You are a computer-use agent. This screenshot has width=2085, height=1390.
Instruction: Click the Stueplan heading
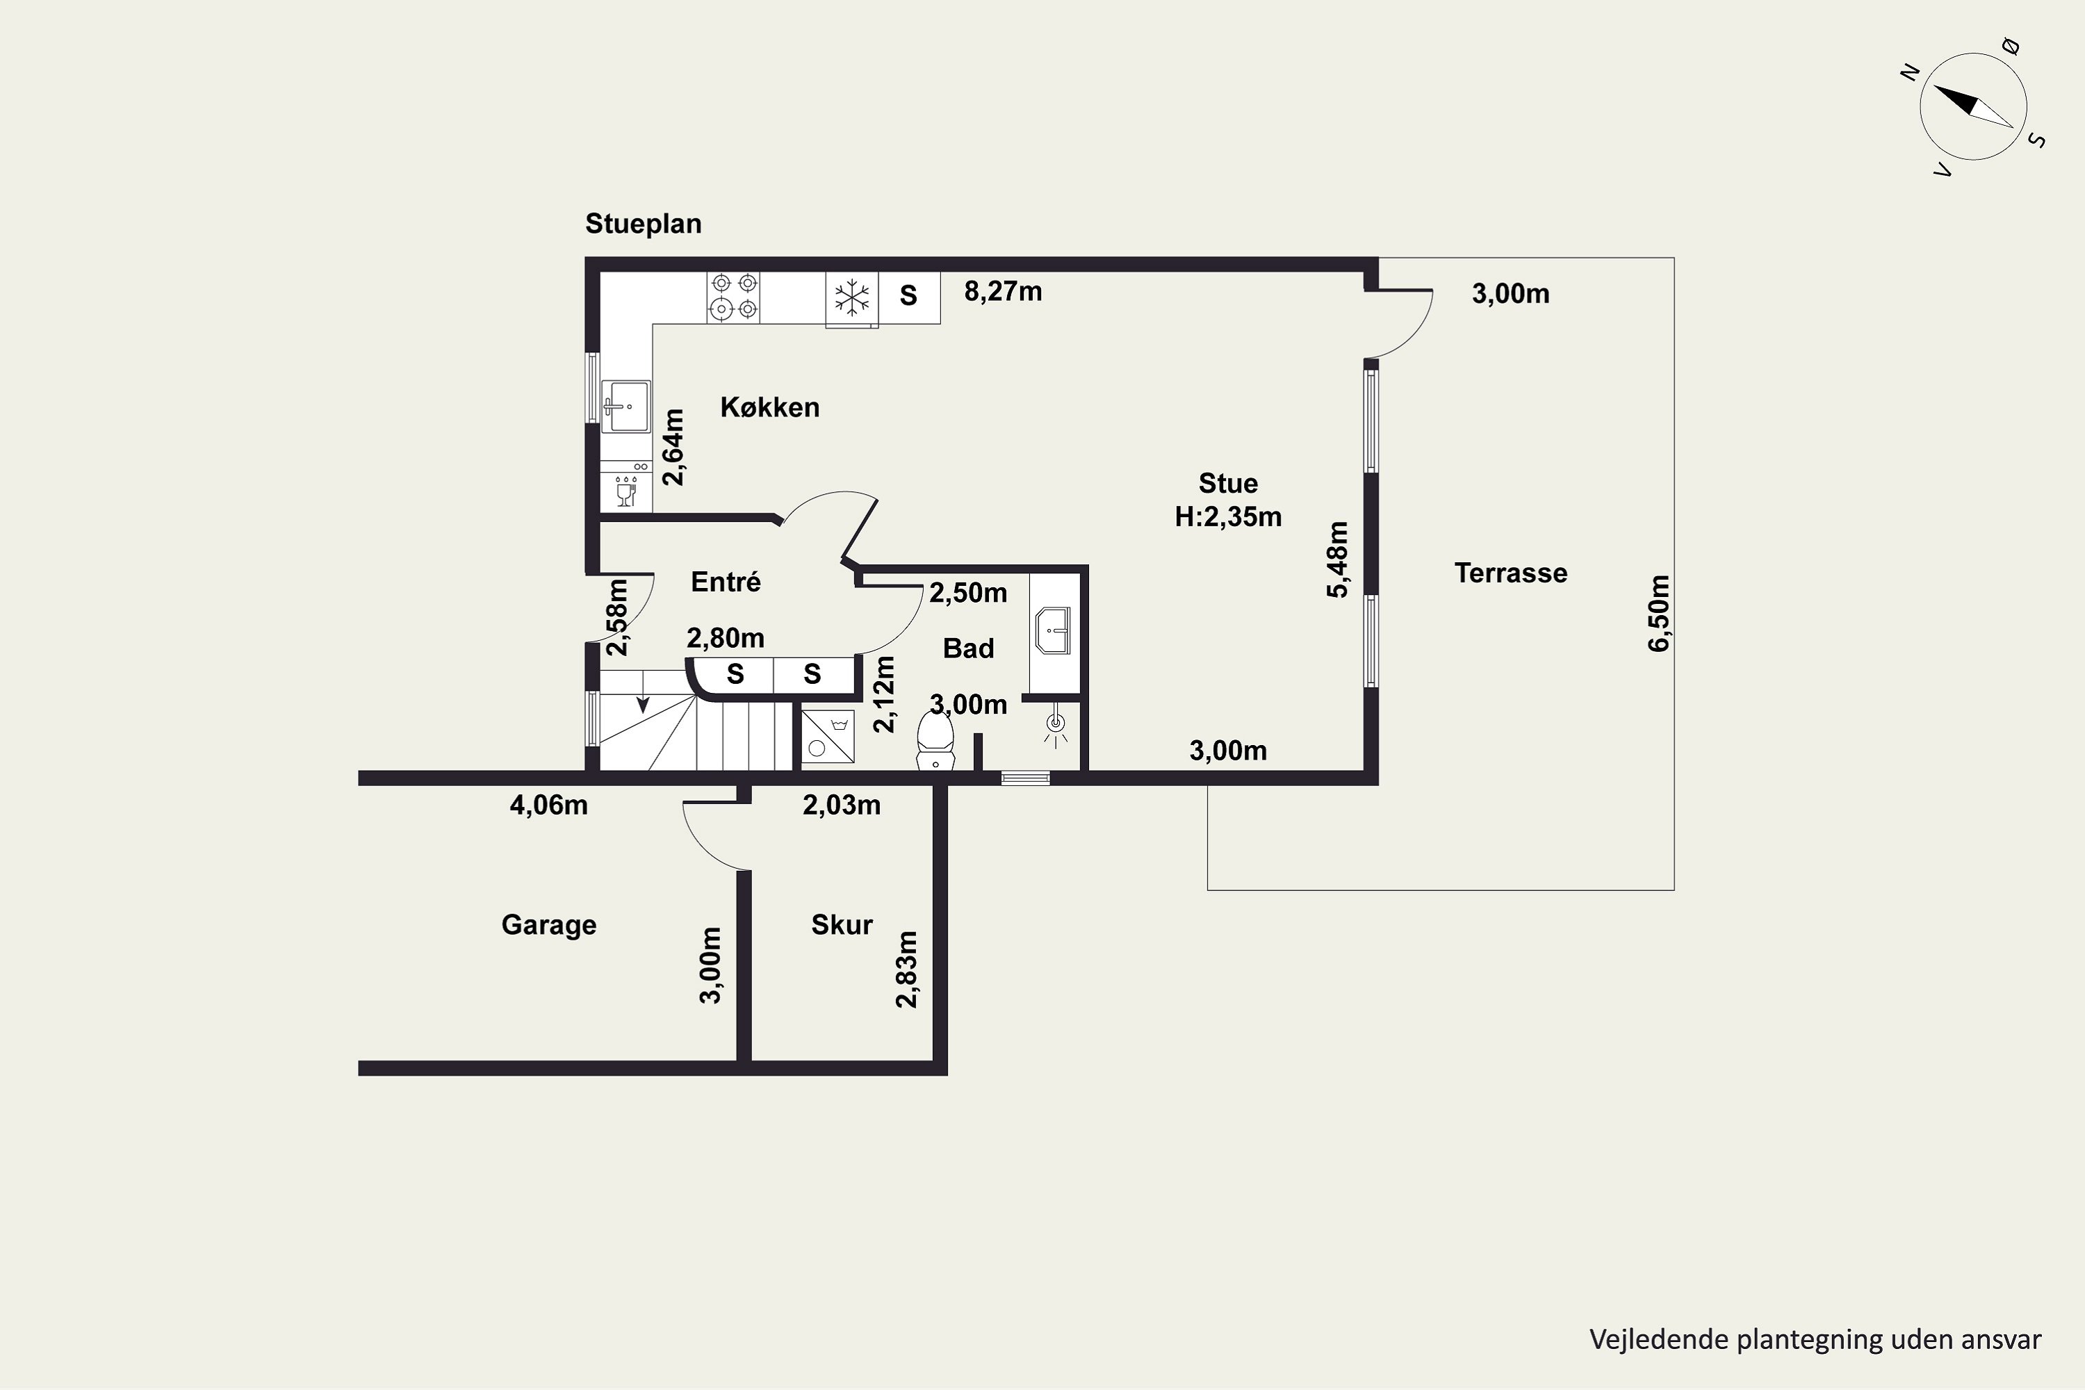643,223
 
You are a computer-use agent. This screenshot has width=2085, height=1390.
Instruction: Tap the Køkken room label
769,407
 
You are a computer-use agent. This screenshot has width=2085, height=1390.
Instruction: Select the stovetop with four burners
734,296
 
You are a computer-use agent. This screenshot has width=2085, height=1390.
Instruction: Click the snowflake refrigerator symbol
852,297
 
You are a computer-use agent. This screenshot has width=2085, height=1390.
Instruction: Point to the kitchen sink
626,406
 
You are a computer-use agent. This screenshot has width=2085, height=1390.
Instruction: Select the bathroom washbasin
1053,631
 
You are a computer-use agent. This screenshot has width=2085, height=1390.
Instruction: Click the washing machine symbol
828,737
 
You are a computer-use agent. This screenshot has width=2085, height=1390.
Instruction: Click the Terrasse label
1510,573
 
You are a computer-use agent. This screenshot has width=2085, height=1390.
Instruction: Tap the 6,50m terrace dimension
1658,614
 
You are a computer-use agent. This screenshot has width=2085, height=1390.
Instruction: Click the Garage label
549,924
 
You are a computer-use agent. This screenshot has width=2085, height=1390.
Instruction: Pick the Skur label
842,924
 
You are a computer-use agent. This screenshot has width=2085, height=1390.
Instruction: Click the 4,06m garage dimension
549,805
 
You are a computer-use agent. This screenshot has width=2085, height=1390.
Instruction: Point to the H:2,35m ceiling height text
1228,517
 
